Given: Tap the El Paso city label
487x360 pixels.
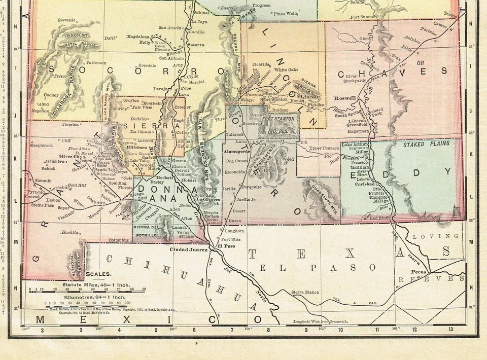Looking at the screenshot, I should pyautogui.click(x=227, y=246).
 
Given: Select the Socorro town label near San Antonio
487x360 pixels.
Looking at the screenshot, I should pyautogui.click(x=196, y=45).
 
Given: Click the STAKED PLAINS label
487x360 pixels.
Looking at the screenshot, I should pyautogui.click(x=426, y=144).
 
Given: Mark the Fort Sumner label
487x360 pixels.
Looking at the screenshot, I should pyautogui.click(x=363, y=17).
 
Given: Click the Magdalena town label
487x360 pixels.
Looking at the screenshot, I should pyautogui.click(x=140, y=37).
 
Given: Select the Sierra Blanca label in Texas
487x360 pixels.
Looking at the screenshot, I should pyautogui.click(x=305, y=292).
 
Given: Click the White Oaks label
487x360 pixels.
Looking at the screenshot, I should pyautogui.click(x=286, y=69).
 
